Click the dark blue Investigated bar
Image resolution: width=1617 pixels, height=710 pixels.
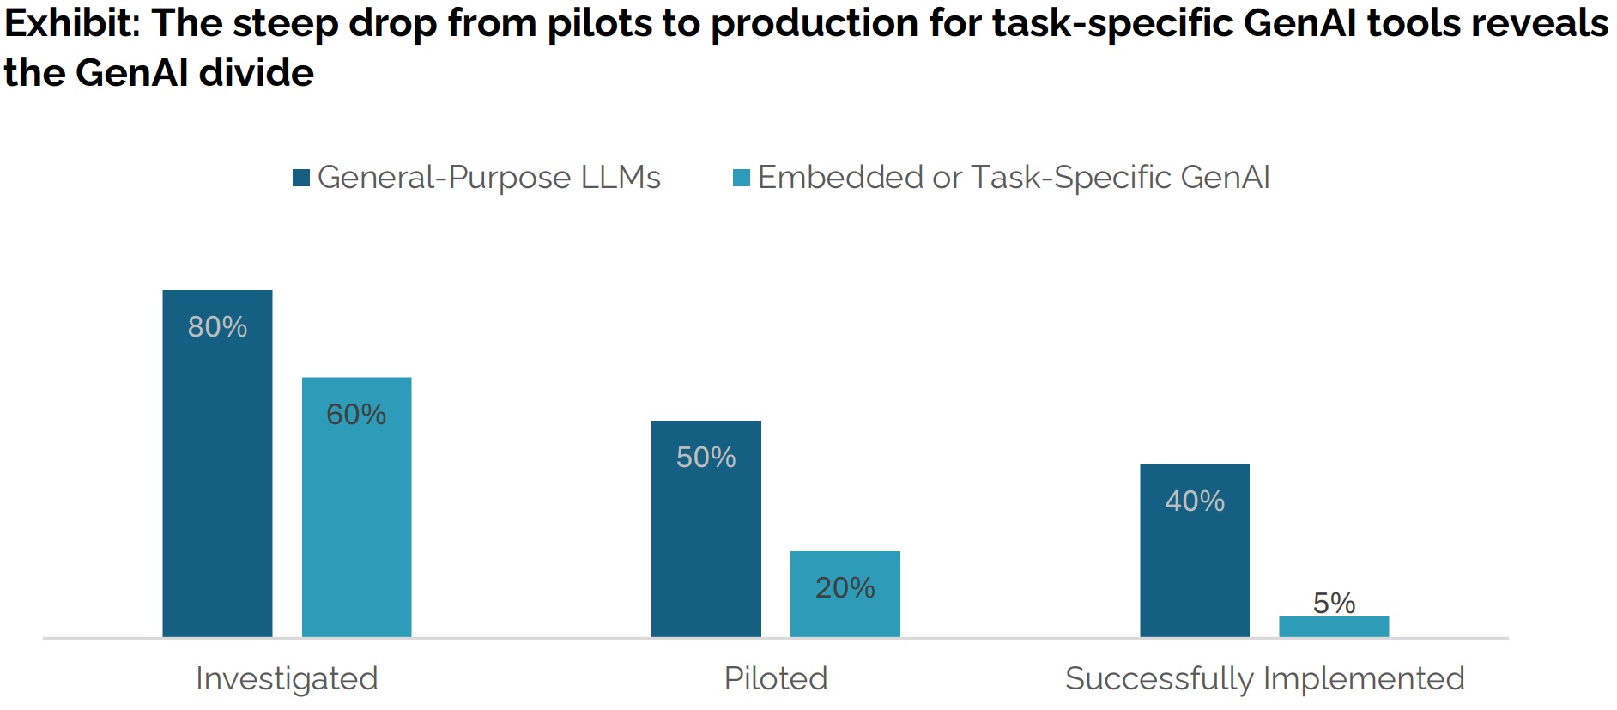point(217,481)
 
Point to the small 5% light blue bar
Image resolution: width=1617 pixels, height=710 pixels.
point(1333,627)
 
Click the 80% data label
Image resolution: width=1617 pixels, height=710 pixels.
point(217,327)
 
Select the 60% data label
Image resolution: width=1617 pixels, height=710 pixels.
point(356,415)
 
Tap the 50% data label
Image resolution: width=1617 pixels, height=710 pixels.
point(706,458)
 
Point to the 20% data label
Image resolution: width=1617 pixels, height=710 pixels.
point(845,588)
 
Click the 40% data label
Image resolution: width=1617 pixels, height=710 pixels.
point(1194,501)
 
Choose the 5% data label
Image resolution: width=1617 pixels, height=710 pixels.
point(1334,603)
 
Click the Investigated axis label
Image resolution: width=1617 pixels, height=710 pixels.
point(287,678)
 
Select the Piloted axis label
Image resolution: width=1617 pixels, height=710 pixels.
point(776,678)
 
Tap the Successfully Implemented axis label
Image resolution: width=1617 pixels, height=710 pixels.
point(1264,678)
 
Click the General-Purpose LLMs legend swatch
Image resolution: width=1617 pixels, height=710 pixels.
point(301,178)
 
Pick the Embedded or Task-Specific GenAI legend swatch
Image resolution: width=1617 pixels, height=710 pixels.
point(742,178)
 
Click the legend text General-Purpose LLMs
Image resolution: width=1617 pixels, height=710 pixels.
point(488,178)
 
